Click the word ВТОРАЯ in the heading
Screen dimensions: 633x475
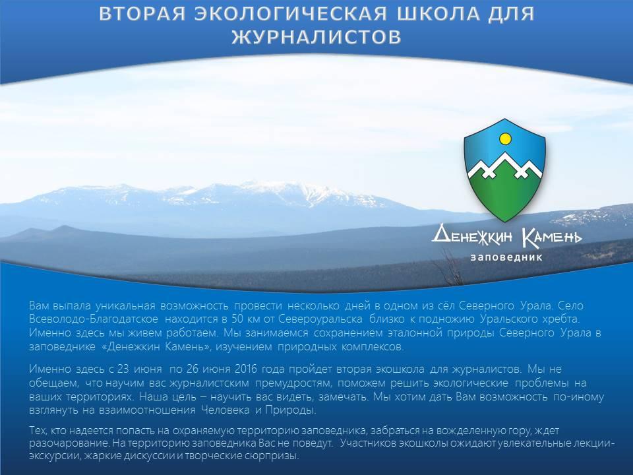click(x=142, y=14)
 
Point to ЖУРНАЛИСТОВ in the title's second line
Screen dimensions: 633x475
click(x=316, y=37)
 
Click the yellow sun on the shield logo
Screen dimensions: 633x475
click(x=505, y=139)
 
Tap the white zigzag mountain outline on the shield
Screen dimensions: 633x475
click(x=504, y=166)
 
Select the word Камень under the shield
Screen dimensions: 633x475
click(x=552, y=237)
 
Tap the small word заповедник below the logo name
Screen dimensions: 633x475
click(x=506, y=257)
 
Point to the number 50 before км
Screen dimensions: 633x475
click(x=237, y=319)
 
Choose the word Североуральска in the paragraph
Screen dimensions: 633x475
click(x=320, y=319)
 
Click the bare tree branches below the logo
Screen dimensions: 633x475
click(x=450, y=267)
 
